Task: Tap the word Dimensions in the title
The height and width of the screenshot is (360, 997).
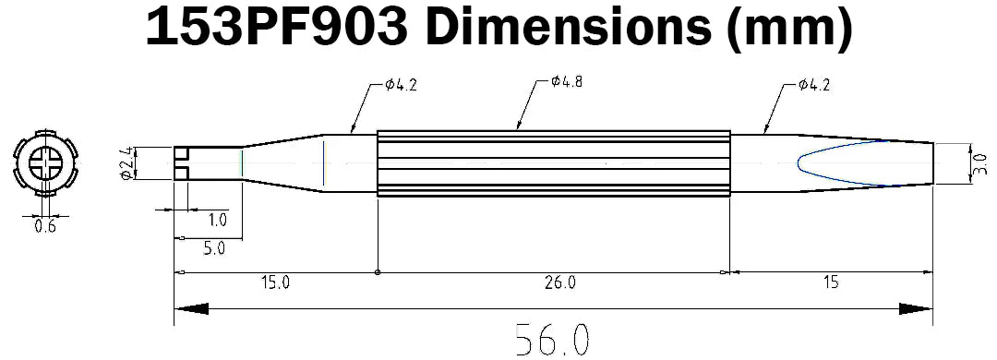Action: pos(563,30)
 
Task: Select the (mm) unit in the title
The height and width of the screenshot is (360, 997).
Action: pos(790,30)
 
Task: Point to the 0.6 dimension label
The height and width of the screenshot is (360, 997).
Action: pos(44,226)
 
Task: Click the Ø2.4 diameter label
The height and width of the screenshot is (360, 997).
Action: pos(129,164)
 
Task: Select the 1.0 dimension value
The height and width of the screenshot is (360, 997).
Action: pos(218,220)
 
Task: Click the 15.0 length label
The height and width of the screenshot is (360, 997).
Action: pos(275,282)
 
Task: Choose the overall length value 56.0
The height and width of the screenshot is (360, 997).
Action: pos(552,340)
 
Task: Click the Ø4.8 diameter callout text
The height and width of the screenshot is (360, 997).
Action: pos(565,82)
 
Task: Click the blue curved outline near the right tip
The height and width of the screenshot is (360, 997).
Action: pos(799,164)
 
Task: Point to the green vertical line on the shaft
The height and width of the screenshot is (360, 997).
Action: pos(241,164)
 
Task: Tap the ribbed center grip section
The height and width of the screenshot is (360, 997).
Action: pos(554,162)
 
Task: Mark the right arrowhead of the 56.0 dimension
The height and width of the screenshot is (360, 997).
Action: pos(916,309)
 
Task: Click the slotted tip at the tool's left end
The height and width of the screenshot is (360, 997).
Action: pos(182,163)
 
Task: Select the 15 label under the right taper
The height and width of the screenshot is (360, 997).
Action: pos(831,282)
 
